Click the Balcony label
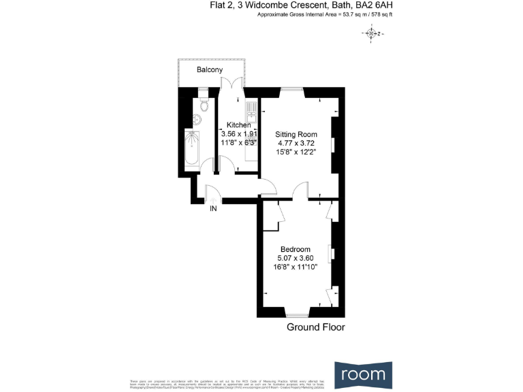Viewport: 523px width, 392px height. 210,70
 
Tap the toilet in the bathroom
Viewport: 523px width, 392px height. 205,105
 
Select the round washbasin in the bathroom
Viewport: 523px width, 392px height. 197,120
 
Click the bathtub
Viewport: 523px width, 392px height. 193,149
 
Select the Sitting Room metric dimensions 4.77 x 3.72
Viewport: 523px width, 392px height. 296,144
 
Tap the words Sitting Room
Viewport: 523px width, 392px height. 296,135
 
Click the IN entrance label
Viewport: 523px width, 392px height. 213,209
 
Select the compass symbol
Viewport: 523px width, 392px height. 371,33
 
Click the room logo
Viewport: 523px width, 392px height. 363,374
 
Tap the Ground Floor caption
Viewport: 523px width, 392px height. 315,327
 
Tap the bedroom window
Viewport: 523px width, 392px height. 296,314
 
